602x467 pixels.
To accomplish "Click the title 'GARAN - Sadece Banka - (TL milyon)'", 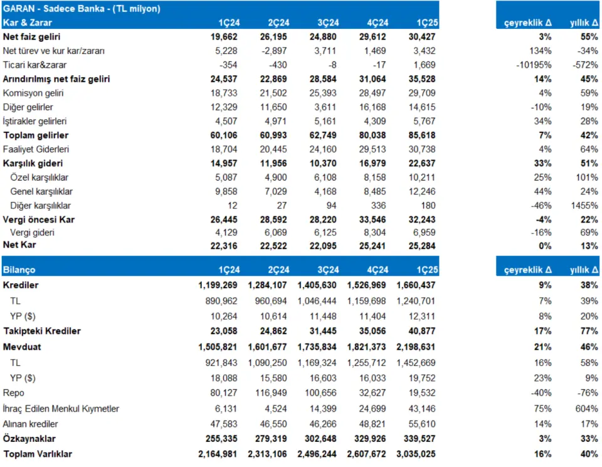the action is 82,8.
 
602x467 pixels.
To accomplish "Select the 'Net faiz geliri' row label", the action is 31,37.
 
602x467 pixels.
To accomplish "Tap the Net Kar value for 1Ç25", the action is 422,246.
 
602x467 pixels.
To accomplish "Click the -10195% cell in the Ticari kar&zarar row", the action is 534,65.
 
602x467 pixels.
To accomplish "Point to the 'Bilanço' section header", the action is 19,270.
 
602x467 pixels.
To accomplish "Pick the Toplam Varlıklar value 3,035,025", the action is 416,454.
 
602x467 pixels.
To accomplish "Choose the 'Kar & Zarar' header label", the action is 27,23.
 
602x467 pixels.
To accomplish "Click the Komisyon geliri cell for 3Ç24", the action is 323,93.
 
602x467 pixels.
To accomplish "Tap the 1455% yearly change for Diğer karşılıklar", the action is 584,206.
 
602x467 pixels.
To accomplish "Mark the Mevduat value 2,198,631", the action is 416,347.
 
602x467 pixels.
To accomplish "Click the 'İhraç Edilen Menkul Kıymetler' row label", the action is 61,409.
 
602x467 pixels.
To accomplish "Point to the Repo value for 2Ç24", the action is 271,393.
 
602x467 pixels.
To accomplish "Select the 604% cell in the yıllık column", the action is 587,409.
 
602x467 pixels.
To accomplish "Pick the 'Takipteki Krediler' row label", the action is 42,331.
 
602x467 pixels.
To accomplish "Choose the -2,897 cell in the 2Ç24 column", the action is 273,51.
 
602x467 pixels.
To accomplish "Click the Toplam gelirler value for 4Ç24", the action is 372,135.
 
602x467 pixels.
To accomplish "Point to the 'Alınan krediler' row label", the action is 30,424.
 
